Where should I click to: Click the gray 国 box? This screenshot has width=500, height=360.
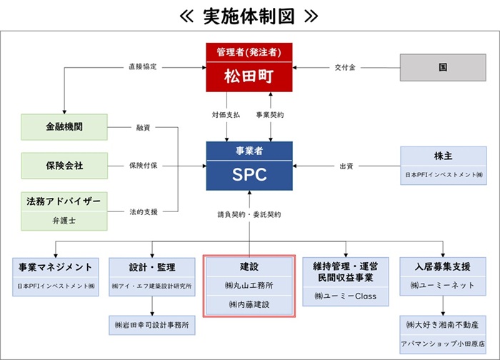pyautogui.click(x=443, y=67)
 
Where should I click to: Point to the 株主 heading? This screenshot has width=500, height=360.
pyautogui.click(x=443, y=156)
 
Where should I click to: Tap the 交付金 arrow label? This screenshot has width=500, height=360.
pyautogui.click(x=345, y=67)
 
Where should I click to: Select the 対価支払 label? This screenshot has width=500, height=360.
pyautogui.click(x=226, y=114)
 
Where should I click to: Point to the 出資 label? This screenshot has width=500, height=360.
pyautogui.click(x=346, y=166)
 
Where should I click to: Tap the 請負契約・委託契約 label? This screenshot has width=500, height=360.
pyautogui.click(x=249, y=214)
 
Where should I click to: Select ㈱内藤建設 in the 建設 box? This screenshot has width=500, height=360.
pyautogui.click(x=249, y=304)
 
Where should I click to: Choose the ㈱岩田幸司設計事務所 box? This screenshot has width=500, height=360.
pyautogui.click(x=151, y=324)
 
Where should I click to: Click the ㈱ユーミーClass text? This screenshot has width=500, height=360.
pyautogui.click(x=344, y=295)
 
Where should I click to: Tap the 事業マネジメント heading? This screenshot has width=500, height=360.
pyautogui.click(x=55, y=267)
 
